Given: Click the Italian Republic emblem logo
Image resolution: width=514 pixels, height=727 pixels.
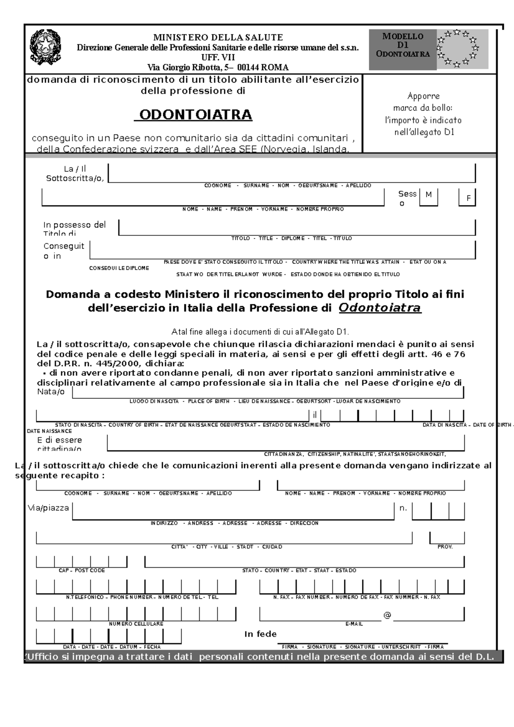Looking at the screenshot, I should point(45,47).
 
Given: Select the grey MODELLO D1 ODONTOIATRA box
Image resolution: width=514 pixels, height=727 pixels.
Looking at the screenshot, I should point(403,49).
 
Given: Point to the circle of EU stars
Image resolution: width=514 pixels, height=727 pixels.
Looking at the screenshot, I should point(457,48).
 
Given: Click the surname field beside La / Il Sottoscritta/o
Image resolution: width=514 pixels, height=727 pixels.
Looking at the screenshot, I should point(291,173).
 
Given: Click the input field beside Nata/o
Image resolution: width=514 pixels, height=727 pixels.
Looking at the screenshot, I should point(268,392).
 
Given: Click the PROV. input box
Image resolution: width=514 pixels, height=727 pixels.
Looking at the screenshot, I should point(447,538).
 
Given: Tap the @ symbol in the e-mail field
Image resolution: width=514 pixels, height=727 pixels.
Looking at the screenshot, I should point(387,615).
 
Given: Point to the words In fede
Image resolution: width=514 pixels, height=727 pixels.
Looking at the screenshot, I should point(260,634).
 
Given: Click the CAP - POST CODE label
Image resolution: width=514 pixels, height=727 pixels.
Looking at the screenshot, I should point(81,570).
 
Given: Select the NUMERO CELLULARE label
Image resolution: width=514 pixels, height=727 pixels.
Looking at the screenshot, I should point(136,624).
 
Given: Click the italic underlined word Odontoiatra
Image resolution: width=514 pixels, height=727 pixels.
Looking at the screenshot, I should point(380,308).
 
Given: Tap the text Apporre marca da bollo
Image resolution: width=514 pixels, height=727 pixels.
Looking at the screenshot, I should point(423,102).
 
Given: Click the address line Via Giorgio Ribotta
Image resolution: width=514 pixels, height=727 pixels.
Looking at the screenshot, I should point(218,67).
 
